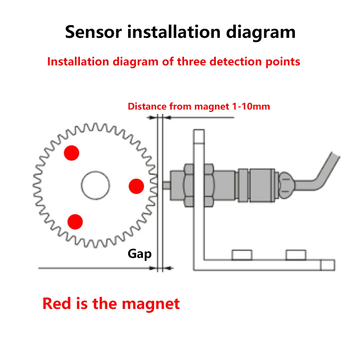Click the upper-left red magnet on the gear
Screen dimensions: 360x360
(71, 153)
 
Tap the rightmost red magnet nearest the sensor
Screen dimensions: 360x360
(136, 186)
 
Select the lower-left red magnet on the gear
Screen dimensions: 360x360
(75, 221)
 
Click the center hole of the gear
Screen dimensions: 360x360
(95, 185)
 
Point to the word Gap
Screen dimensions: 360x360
(140, 254)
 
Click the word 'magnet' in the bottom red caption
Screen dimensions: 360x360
(150, 303)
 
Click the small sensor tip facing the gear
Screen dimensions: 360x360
(166, 186)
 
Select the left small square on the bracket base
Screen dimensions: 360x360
(242, 255)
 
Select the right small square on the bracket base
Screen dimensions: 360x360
(296, 255)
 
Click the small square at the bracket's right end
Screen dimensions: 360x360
(328, 265)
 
